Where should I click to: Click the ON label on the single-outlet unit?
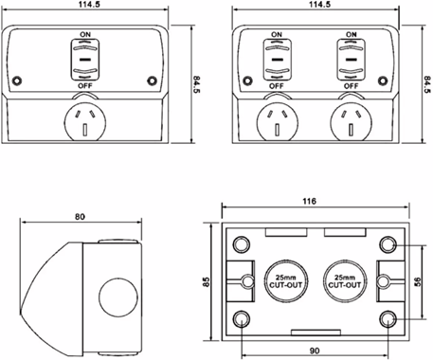85,34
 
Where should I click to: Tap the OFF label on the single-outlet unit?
85,85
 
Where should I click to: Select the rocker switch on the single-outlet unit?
85,60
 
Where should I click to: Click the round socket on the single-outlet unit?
85,123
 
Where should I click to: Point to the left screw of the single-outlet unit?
17,81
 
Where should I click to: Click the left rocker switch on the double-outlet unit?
278,60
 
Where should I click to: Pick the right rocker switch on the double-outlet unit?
352,60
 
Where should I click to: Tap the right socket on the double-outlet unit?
352,123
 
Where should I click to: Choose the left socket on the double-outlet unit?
278,123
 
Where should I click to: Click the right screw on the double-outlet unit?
383,81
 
